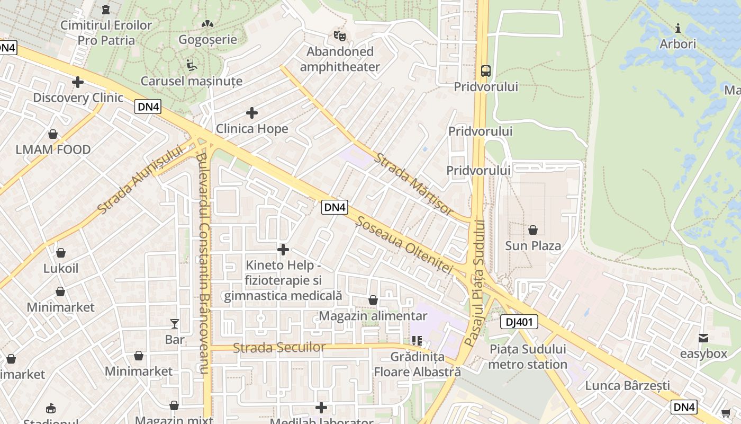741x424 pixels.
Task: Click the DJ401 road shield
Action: coord(519,322)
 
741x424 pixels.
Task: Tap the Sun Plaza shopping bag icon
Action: coord(532,230)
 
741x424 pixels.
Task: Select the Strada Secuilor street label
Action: coord(279,348)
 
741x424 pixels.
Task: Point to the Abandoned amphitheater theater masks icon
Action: coord(340,36)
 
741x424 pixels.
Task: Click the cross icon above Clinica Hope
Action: coord(252,113)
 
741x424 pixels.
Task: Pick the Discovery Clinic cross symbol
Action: coord(78,82)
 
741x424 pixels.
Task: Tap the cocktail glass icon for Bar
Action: coord(175,324)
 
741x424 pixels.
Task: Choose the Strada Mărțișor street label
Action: coord(414,184)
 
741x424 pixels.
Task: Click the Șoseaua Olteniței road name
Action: coord(405,245)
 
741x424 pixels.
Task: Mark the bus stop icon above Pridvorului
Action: coord(485,70)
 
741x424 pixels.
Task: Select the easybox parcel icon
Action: coord(703,338)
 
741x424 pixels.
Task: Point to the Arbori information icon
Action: coord(677,28)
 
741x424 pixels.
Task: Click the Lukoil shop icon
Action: coord(61,253)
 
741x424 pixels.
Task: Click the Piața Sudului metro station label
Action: coord(527,357)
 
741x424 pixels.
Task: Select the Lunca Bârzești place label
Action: coord(627,385)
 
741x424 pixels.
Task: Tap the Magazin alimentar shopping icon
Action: coord(373,301)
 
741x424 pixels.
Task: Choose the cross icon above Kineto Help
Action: coord(283,249)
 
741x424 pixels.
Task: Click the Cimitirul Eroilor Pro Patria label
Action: coord(106,32)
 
